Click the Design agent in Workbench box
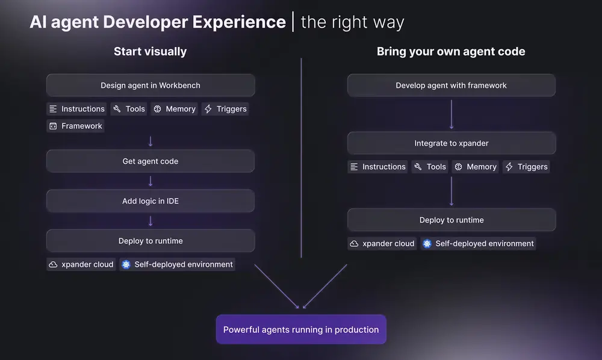(150, 85)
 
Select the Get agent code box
(150, 161)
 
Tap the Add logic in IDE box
(150, 201)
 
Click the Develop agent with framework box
(451, 85)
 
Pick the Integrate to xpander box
(451, 143)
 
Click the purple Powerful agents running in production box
(301, 330)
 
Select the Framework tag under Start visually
(76, 126)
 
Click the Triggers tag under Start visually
(226, 109)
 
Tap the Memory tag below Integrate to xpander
(475, 167)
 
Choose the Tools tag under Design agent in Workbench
(129, 109)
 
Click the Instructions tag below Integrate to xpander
(377, 167)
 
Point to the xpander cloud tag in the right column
(382, 244)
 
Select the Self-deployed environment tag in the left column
(177, 264)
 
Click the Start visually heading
(150, 52)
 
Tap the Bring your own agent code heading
(451, 52)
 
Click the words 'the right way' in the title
(352, 23)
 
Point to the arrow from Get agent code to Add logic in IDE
(150, 181)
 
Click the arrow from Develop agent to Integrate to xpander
(451, 114)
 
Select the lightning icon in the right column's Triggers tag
(509, 167)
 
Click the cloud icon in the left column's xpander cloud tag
(53, 264)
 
